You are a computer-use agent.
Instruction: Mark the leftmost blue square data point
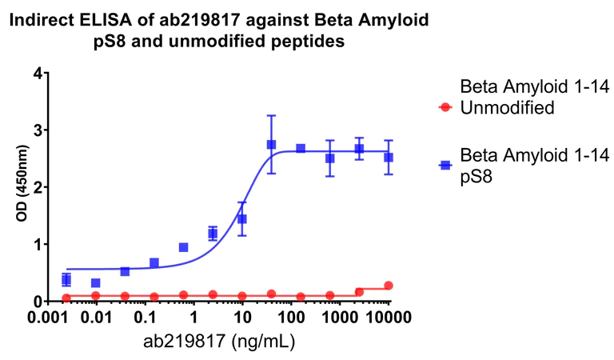click(x=66, y=279)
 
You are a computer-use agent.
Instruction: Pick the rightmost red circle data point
click(x=389, y=286)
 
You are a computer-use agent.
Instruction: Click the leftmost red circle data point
click(x=66, y=298)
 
